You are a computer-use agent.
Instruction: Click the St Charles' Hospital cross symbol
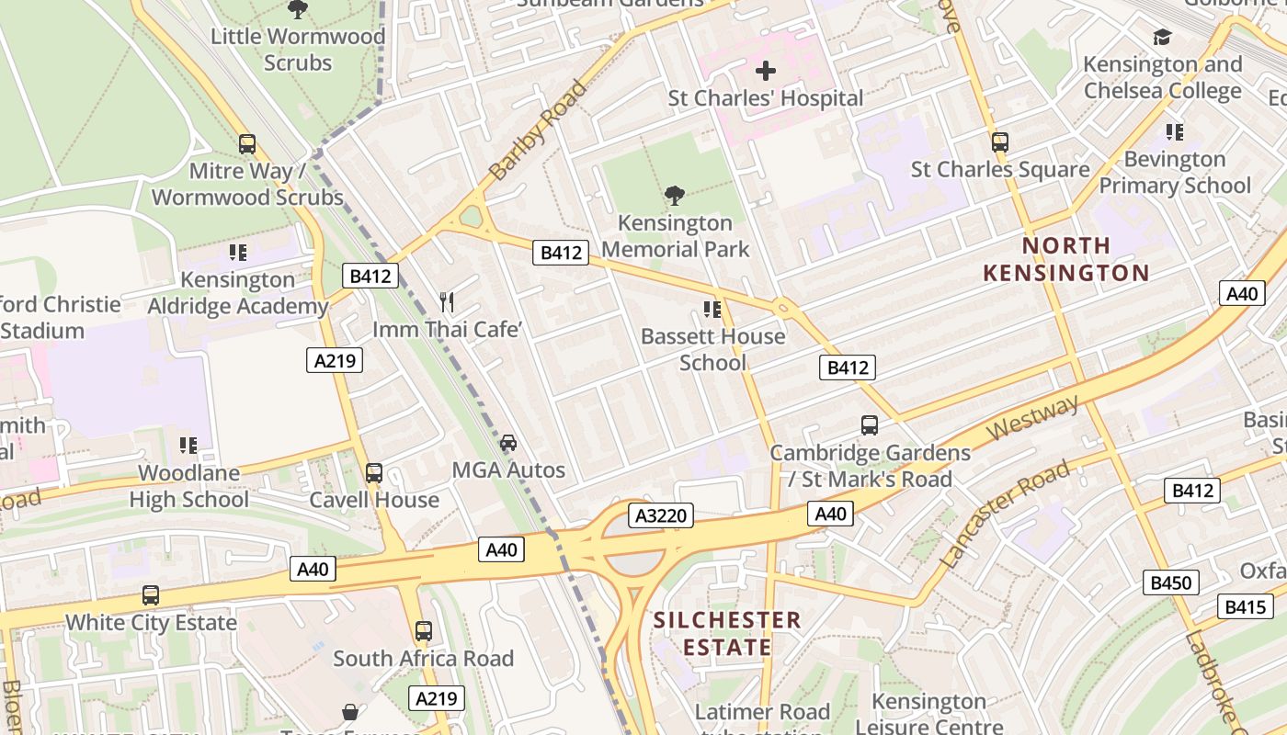(x=765, y=71)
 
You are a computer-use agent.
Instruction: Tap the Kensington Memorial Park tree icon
(x=674, y=195)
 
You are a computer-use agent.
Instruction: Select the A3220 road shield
(x=662, y=515)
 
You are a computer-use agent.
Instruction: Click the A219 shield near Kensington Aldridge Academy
(x=335, y=360)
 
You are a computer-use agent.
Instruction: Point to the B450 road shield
(x=1171, y=582)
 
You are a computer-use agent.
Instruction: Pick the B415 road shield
(x=1247, y=606)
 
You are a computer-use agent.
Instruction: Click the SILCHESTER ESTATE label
(x=727, y=633)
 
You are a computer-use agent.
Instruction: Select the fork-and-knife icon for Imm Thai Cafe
(x=447, y=301)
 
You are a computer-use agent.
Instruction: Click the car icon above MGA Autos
(x=508, y=443)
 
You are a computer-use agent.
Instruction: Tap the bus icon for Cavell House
(x=374, y=473)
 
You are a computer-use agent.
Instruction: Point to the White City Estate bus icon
(x=151, y=594)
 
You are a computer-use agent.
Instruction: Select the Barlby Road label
(x=537, y=130)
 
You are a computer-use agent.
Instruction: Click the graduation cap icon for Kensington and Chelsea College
(x=1163, y=38)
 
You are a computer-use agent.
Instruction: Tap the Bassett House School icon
(x=712, y=310)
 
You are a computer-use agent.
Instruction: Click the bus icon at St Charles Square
(x=1000, y=142)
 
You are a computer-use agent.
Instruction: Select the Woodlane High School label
(x=188, y=486)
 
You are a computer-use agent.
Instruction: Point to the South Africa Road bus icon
(x=423, y=631)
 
